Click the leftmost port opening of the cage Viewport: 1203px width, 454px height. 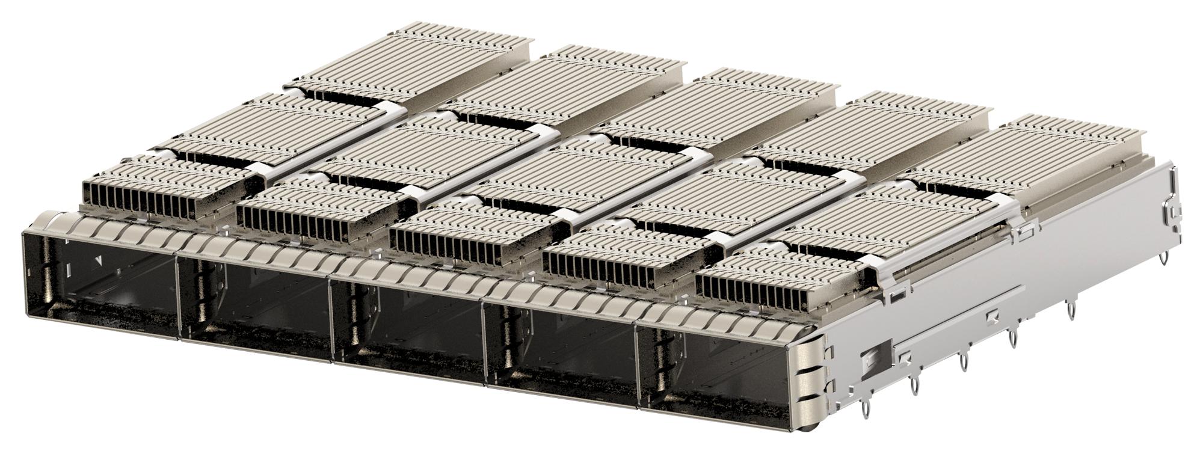99,286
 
